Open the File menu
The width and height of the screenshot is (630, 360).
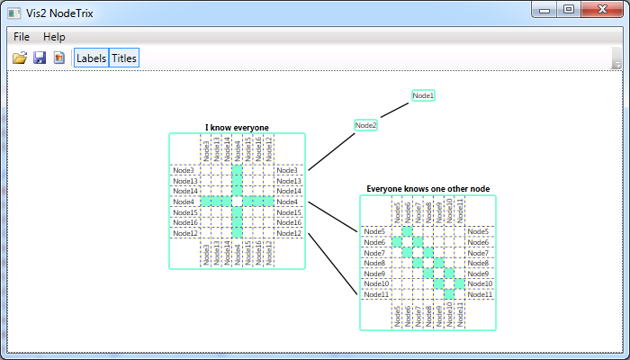click(x=22, y=37)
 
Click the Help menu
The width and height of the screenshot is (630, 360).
click(x=54, y=37)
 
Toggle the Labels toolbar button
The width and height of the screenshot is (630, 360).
click(x=91, y=58)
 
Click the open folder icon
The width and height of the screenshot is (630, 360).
click(x=19, y=58)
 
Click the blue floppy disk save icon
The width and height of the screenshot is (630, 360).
click(x=40, y=58)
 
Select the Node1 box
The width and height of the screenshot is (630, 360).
click(x=424, y=95)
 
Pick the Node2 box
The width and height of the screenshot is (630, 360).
click(x=365, y=125)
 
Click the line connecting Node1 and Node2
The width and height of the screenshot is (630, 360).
click(x=394, y=111)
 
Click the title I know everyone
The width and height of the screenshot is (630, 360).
click(x=237, y=128)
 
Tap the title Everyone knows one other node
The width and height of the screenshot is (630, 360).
click(x=427, y=189)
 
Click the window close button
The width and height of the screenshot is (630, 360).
click(x=602, y=9)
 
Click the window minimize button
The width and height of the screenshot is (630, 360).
click(x=544, y=10)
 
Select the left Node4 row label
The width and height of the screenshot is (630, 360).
click(x=184, y=202)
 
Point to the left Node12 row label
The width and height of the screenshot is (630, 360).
click(x=185, y=233)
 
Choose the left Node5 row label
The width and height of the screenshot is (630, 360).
click(x=374, y=231)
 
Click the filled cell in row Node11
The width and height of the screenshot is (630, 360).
click(x=449, y=294)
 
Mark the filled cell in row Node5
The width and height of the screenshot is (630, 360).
click(x=407, y=231)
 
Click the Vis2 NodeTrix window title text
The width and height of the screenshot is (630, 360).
click(x=59, y=13)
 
